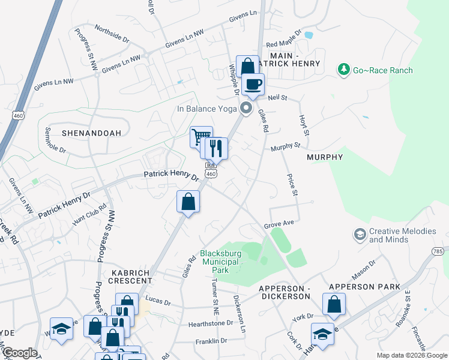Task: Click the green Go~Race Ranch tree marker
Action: pyautogui.click(x=344, y=70)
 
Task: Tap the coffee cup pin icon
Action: pyautogui.click(x=253, y=84)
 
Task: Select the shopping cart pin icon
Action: pyautogui.click(x=200, y=136)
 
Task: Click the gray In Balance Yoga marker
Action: pyautogui.click(x=246, y=109)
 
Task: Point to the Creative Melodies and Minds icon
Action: pyautogui.click(x=360, y=233)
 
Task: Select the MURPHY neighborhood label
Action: pyautogui.click(x=325, y=157)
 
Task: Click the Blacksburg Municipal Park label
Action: pyautogui.click(x=220, y=262)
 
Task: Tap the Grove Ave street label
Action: pyautogui.click(x=279, y=223)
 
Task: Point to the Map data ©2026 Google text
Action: pyautogui.click(x=411, y=355)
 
